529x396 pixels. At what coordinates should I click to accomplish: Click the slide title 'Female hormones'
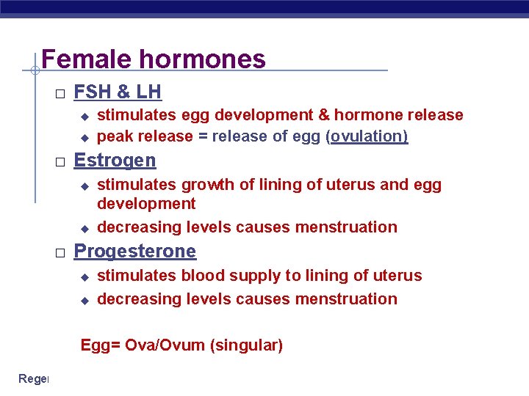pos(154,59)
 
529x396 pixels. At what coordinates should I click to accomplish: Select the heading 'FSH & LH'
pos(118,92)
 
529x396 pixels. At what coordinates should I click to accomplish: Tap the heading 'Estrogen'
pos(115,160)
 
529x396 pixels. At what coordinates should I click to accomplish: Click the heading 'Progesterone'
pos(135,251)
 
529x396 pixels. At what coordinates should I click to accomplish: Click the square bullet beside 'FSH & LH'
pos(60,93)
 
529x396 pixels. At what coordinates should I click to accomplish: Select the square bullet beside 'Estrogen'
pos(60,161)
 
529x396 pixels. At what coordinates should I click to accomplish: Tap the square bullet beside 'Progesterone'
pos(60,252)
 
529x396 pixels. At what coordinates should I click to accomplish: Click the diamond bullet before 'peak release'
pos(84,137)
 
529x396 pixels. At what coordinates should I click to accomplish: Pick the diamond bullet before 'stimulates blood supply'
pos(84,277)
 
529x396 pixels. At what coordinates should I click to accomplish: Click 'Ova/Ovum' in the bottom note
pos(165,345)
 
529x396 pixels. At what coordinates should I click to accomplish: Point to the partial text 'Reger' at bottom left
pos(33,378)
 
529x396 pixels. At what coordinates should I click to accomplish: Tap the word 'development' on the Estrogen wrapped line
pos(146,203)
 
